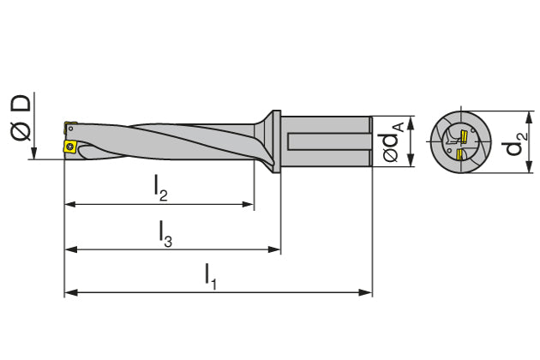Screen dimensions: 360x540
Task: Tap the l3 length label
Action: pyautogui.click(x=165, y=233)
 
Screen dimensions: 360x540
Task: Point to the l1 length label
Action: pyautogui.click(x=210, y=274)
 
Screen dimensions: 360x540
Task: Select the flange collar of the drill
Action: pyautogui.click(x=276, y=142)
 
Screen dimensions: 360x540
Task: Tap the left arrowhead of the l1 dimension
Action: pyautogui.click(x=69, y=292)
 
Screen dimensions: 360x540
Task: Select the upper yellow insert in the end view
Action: pyautogui.click(x=462, y=135)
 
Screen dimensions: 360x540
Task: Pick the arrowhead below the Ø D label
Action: pyautogui.click(x=32, y=154)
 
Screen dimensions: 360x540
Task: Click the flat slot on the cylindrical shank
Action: pyautogui.click(x=330, y=142)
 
